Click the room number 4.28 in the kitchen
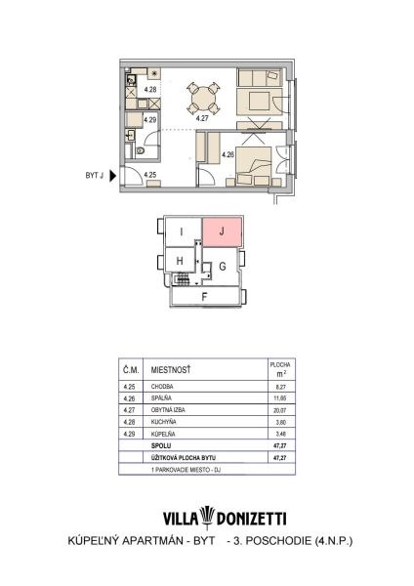coord(150,89)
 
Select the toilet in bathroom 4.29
coord(141,150)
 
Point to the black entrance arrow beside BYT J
coord(112,175)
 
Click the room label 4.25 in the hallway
coord(149,175)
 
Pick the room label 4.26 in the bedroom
coord(228,154)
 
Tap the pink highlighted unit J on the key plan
coord(222,231)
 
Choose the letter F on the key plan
coord(204,297)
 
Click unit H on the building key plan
coord(180,261)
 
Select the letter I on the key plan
coord(182,232)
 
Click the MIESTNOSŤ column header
coord(171,370)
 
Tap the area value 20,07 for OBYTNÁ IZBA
coord(280,410)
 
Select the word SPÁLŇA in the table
coord(161,398)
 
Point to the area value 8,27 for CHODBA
coord(280,387)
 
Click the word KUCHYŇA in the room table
coord(163,422)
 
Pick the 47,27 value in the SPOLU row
coord(280,446)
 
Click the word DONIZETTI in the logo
coord(252,519)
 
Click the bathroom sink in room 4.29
coord(131,134)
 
